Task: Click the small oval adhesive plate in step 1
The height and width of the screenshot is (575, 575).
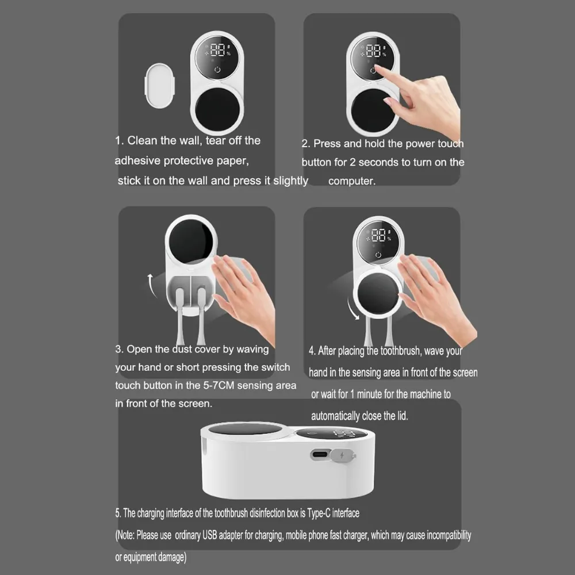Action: pyautogui.click(x=160, y=86)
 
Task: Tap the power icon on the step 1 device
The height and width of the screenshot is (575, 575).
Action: pyautogui.click(x=217, y=70)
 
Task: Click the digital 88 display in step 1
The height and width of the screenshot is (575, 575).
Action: pyautogui.click(x=217, y=50)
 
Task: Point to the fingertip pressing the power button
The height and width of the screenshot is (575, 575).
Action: pyautogui.click(x=377, y=70)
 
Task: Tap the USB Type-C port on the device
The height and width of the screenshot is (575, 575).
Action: pyautogui.click(x=320, y=455)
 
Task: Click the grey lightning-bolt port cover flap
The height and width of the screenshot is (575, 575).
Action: pyautogui.click(x=343, y=456)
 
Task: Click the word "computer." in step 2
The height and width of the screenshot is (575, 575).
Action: pyautogui.click(x=352, y=181)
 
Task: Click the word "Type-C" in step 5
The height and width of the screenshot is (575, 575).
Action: pyautogui.click(x=319, y=513)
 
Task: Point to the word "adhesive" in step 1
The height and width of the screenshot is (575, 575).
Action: pyautogui.click(x=137, y=160)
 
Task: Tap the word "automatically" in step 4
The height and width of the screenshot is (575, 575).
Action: pyautogui.click(x=335, y=416)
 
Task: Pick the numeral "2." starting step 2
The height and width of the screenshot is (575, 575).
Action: pyautogui.click(x=306, y=144)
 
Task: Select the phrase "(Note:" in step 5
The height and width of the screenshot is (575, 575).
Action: pyautogui.click(x=125, y=535)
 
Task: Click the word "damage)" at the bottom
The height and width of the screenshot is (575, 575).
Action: pyautogui.click(x=172, y=557)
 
